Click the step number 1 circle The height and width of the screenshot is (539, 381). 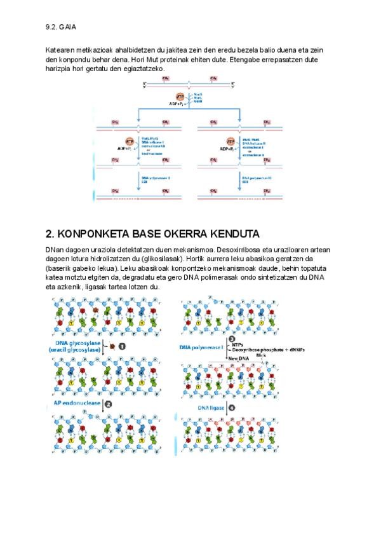[x=121, y=346]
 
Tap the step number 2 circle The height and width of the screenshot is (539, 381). [x=109, y=403]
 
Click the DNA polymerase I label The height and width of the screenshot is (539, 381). [x=202, y=346]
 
